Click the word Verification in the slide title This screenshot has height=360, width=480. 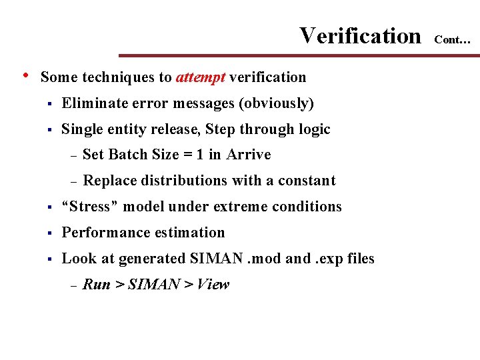coord(360,35)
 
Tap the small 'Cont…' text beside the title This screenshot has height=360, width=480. coord(453,40)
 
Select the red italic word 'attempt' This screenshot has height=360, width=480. coord(201,77)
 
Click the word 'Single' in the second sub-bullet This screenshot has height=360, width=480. coord(82,129)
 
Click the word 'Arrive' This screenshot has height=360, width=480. coord(249,155)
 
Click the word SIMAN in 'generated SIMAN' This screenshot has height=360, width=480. coord(212,259)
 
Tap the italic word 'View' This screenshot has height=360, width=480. coord(213,285)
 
